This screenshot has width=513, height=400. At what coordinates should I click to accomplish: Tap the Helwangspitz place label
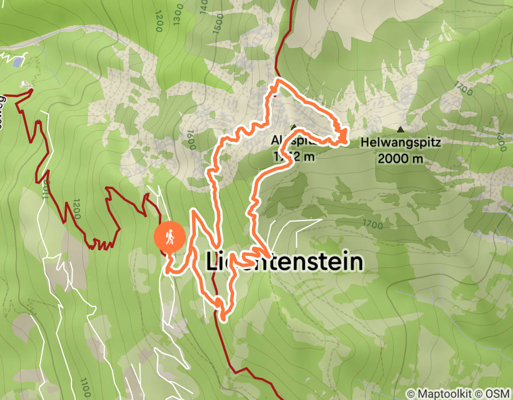pos(400,143)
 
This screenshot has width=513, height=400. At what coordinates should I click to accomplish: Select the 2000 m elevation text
pos(400,158)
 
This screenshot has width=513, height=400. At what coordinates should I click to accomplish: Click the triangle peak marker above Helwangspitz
pos(400,129)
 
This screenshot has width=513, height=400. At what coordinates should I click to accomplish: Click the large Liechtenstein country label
pos(284,262)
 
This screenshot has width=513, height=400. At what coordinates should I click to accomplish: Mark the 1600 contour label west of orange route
pos(191,138)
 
